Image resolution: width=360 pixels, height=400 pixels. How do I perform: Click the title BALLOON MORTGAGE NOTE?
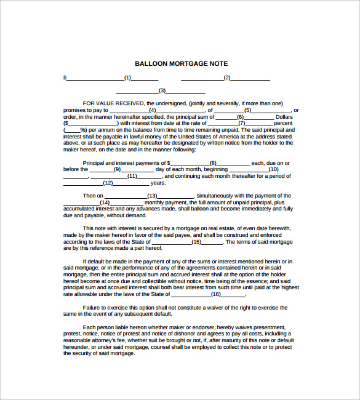pyautogui.click(x=181, y=63)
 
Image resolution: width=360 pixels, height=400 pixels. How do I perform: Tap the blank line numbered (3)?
pyautogui.click(x=162, y=90)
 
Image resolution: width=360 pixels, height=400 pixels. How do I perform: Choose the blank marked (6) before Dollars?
pyautogui.click(x=241, y=117)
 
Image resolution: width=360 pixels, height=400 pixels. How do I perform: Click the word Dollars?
pyautogui.click(x=284, y=117)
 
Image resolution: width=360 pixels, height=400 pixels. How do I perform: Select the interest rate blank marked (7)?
pyautogui.click(x=242, y=123)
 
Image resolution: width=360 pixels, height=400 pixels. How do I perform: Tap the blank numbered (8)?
pyautogui.click(x=213, y=163)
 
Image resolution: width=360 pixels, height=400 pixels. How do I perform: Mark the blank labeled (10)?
pyautogui.click(x=273, y=169)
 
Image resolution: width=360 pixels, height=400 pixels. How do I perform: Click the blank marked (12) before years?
pyautogui.click(x=107, y=183)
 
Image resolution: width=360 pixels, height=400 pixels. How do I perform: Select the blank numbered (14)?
pyautogui.click(x=104, y=202)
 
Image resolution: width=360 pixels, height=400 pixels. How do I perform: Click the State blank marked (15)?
pyautogui.click(x=196, y=242)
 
